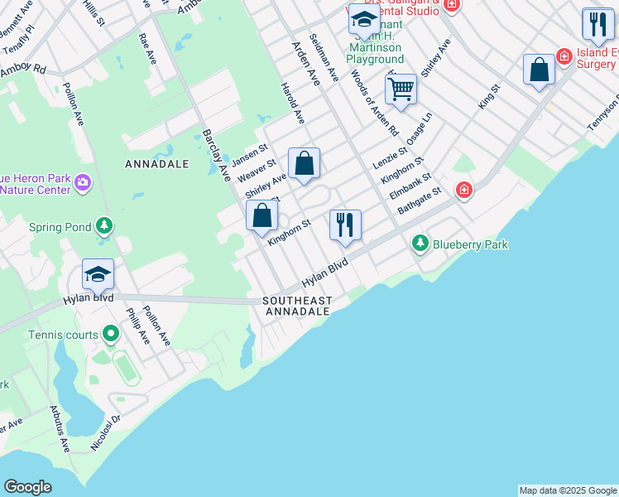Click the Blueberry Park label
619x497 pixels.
pyautogui.click(x=469, y=244)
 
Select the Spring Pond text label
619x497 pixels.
pyautogui.click(x=60, y=226)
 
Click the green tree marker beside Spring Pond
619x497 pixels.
pyautogui.click(x=103, y=225)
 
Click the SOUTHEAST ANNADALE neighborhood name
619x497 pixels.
pyautogui.click(x=297, y=306)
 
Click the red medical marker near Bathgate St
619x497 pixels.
pyautogui.click(x=463, y=191)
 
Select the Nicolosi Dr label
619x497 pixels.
pyautogui.click(x=106, y=434)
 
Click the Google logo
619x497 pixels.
pyautogui.click(x=27, y=487)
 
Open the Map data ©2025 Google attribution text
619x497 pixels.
pyautogui.click(x=568, y=490)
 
